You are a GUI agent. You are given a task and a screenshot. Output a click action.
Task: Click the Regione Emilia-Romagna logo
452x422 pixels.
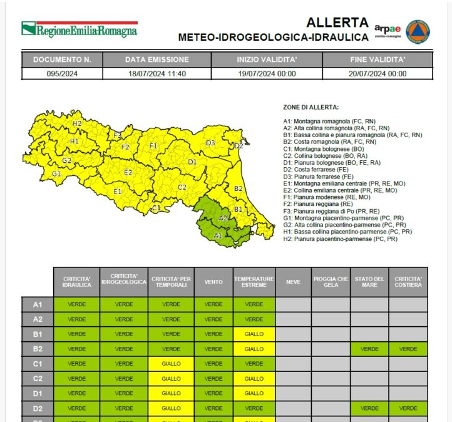(x=80, y=29)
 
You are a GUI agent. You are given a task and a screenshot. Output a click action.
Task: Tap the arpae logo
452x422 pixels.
(x=387, y=31)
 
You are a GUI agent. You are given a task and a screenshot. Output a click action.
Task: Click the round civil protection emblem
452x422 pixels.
(x=418, y=31)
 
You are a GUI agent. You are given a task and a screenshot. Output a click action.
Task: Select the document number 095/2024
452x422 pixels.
(x=62, y=73)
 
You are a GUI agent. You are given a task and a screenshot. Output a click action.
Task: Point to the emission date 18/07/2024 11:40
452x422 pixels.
(x=157, y=73)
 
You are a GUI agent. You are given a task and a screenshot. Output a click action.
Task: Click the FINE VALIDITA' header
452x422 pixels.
(x=378, y=59)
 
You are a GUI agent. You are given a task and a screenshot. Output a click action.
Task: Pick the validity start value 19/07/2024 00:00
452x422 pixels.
(x=266, y=73)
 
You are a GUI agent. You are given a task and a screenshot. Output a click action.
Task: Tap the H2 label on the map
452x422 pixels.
(x=77, y=123)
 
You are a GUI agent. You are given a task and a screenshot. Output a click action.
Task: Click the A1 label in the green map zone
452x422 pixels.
(x=218, y=235)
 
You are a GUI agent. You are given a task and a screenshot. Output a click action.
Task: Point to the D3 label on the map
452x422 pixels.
(x=210, y=143)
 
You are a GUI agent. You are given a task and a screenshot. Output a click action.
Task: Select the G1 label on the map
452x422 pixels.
(x=56, y=173)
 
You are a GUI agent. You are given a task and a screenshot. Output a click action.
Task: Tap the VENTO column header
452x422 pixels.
(x=213, y=282)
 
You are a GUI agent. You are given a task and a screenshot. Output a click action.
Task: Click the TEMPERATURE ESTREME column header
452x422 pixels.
(x=254, y=282)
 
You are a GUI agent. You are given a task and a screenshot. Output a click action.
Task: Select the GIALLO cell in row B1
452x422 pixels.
(x=254, y=334)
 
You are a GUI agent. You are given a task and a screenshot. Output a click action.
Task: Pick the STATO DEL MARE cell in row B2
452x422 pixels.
(x=369, y=349)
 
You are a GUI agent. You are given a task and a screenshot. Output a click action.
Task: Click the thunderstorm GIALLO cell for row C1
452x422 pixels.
(x=171, y=363)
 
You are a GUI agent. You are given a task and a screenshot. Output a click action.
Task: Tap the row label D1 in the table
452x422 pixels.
(x=37, y=393)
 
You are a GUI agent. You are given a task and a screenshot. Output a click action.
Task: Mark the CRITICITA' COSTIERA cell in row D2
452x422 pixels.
(x=408, y=408)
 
